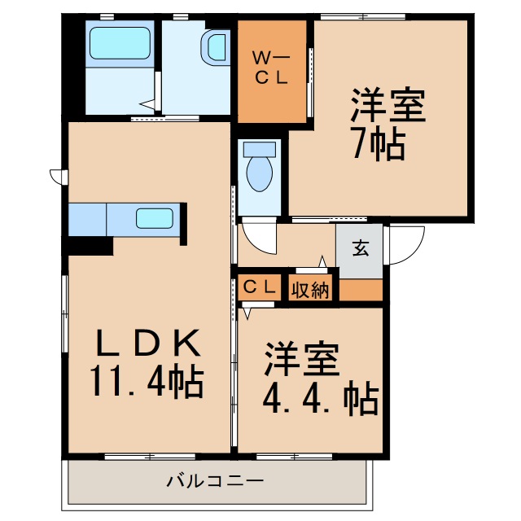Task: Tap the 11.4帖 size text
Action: pos(147,382)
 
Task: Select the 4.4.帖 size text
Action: pos(319,398)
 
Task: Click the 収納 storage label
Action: pos(310,289)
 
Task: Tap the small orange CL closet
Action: pos(260,287)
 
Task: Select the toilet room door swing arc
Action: pos(259,239)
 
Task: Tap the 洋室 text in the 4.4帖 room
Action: pos(301,360)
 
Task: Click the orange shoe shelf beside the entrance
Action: pos(360,290)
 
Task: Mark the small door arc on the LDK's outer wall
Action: pos(57,175)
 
